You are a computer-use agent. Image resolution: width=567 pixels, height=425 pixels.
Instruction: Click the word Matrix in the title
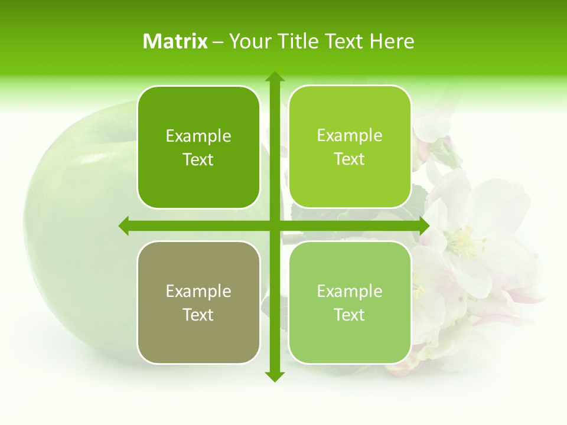[x=175, y=41]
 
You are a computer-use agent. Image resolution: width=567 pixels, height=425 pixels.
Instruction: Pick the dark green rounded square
[x=198, y=148]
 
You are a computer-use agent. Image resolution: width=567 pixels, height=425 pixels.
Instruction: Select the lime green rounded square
[x=350, y=147]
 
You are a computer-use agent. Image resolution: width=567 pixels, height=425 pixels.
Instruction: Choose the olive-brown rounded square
[x=198, y=302]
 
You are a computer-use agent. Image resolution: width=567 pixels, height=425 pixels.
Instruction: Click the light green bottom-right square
[x=350, y=302]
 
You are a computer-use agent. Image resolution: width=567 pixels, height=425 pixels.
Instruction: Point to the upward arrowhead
[x=274, y=77]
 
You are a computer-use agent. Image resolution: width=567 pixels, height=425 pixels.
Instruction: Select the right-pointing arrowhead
[x=423, y=225]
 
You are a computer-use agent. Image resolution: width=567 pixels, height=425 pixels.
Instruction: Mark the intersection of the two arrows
[x=274, y=225]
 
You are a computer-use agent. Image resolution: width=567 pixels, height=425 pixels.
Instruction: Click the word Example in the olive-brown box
[x=198, y=291]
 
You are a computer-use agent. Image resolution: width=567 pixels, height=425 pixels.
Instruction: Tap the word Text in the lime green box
[x=350, y=159]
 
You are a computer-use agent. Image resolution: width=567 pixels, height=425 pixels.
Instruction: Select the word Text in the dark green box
[x=198, y=160]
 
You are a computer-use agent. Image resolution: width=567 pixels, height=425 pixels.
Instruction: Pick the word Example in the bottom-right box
[x=350, y=291]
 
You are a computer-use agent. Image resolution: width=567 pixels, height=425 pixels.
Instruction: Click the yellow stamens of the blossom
[x=464, y=242]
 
